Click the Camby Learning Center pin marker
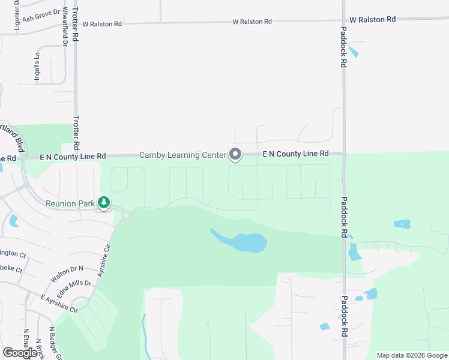[x=235, y=154]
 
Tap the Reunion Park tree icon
[x=104, y=203]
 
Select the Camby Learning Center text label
[x=182, y=155]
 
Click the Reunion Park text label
[x=71, y=203]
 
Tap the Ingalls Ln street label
[x=37, y=67]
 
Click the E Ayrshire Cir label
[x=59, y=304]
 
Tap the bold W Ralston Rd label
[x=372, y=19]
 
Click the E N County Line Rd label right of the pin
[x=295, y=154]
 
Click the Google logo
[x=20, y=353]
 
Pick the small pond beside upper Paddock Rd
[x=354, y=51]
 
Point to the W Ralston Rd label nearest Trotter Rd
[x=102, y=24]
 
